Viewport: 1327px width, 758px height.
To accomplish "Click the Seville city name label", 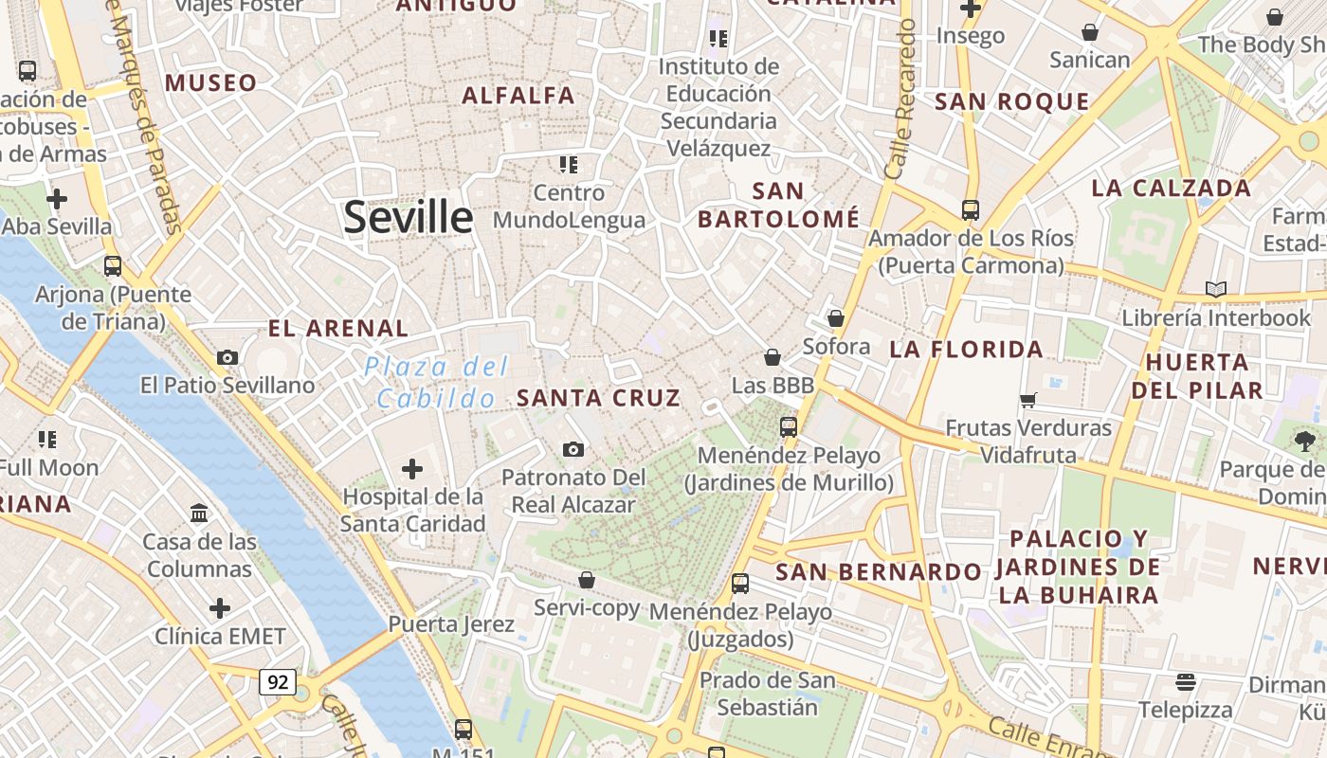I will pos(408,217).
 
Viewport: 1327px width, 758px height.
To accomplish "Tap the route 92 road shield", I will pos(278,681).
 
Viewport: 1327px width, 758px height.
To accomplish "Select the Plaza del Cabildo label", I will pos(437,382).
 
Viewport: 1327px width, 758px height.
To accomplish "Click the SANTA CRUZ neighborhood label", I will pos(598,398).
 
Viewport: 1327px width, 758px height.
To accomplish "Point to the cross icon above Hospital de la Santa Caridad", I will pos(412,468).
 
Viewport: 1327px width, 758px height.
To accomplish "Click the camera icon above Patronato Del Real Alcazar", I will pos(573,449).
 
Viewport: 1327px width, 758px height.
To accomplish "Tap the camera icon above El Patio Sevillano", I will pos(227,357).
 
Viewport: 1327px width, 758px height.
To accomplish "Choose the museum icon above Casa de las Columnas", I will pos(199,514).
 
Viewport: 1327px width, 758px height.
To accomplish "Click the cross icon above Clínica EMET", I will pos(220,607).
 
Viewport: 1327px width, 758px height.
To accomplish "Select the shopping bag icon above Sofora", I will pos(836,318).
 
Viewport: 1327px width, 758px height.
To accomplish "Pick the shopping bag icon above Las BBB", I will pos(773,357).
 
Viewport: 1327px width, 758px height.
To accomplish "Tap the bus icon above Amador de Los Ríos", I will pos(971,209).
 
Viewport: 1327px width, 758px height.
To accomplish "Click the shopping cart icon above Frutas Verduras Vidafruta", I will pos(1028,400).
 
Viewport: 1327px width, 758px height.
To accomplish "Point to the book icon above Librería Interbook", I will pos(1216,289).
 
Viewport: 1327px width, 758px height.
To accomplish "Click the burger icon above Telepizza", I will pos(1186,681).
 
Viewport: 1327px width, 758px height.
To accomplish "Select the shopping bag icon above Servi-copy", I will pos(587,579).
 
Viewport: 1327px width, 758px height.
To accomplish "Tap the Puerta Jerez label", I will pos(451,624).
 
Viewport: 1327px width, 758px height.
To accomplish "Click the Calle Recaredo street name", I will pos(900,99).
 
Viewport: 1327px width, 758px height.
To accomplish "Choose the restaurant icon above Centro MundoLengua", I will pos(569,165).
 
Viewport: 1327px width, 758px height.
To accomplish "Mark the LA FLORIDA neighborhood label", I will pos(966,350).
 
